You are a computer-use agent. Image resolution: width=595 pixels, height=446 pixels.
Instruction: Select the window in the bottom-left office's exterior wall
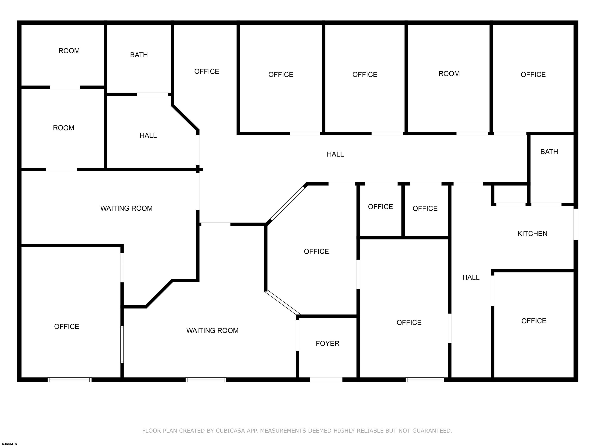point(70,380)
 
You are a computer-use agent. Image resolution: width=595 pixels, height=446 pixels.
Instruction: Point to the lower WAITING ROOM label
point(212,330)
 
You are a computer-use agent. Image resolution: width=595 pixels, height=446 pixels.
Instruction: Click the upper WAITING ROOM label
point(126,208)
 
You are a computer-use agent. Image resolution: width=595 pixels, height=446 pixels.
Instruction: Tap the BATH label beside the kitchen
point(549,152)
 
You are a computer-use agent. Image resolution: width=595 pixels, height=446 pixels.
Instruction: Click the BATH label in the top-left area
point(139,55)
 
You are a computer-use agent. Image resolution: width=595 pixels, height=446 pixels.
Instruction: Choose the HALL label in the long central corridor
point(335,154)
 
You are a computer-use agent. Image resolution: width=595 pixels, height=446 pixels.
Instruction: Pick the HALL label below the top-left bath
point(148,136)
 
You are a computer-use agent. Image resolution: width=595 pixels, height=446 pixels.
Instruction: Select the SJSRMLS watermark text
point(9,444)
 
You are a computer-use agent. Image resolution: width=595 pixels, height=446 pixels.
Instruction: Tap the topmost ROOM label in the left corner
point(69,51)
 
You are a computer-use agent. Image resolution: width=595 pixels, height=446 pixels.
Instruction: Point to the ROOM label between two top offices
point(449,74)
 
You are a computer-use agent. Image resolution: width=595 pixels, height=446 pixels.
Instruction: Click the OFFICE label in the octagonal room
point(316,251)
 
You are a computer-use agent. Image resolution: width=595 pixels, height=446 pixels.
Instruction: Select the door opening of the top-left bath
point(152,94)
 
